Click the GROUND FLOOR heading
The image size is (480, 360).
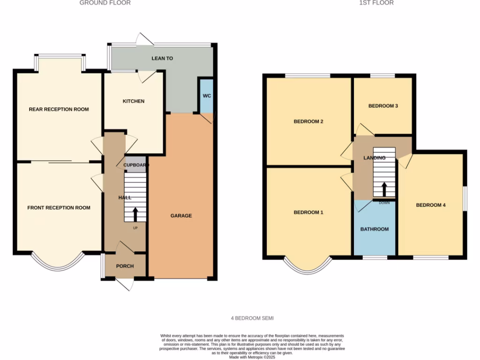coord(105,3)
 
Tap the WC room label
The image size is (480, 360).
coord(207,96)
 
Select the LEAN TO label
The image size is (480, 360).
coord(162,59)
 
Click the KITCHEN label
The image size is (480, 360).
coord(134,101)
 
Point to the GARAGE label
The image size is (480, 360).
coord(181,216)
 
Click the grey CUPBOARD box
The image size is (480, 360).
coord(135,165)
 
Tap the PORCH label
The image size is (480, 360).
coord(125,266)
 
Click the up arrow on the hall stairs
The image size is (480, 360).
coord(135,214)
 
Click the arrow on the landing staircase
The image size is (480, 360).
coord(384,189)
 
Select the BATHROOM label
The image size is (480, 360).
coord(374,229)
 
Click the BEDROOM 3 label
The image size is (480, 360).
coord(383,106)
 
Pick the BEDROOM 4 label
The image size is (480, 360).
coord(431,205)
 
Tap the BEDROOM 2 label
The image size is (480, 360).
coord(308,121)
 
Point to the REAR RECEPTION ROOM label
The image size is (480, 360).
coord(59,109)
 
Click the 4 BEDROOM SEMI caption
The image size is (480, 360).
coord(252,318)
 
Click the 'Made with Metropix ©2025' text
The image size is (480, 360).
coord(252,357)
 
